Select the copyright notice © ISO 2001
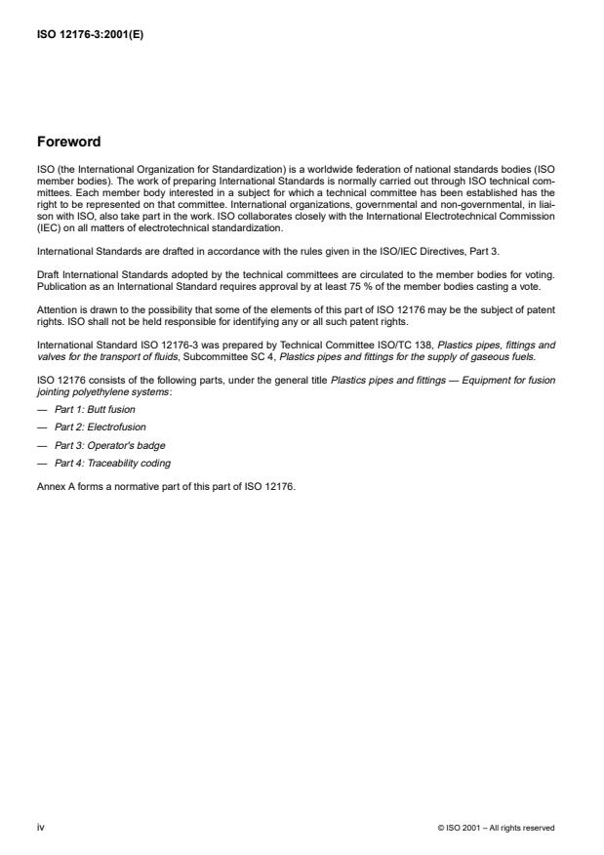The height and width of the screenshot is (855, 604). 497,828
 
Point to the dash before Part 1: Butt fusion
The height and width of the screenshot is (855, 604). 42,409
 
